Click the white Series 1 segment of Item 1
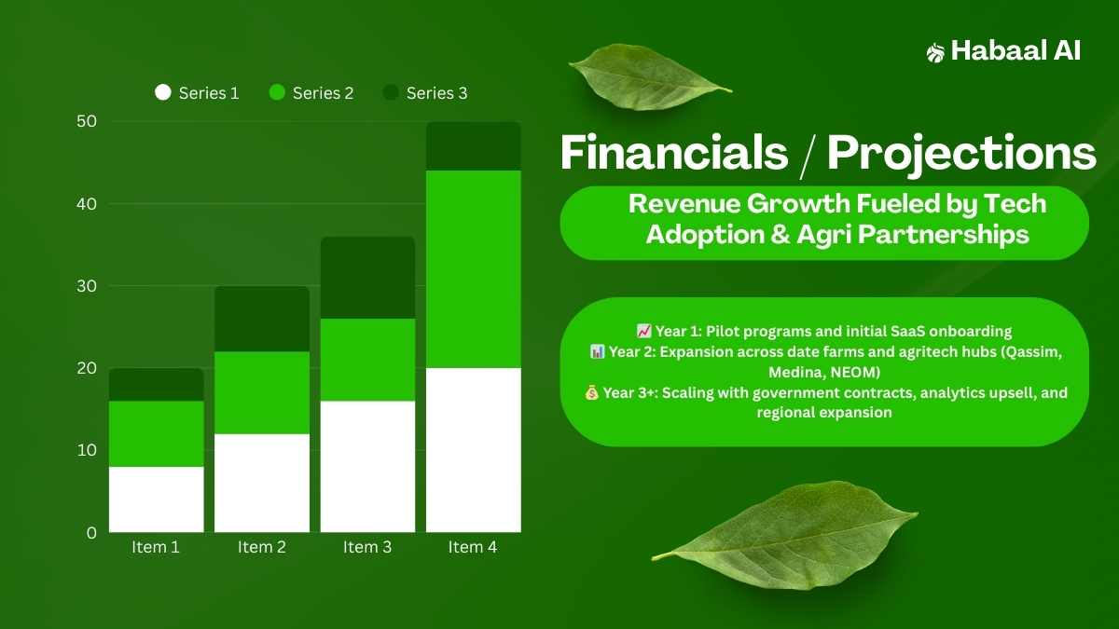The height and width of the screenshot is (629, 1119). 157,499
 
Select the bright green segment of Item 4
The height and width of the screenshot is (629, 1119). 474,269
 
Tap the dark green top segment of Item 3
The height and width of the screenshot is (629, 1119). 367,278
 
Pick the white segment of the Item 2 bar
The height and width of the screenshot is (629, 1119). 262,483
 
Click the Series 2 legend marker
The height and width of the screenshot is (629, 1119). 277,92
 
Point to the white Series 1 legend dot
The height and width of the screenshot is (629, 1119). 163,92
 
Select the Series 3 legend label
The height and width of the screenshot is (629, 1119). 436,93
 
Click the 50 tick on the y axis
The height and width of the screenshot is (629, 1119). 87,121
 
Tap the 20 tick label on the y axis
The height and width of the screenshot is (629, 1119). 87,368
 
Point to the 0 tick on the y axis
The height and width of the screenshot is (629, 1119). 91,533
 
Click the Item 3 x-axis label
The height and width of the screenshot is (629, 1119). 367,547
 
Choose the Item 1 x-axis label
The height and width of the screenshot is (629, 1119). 156,547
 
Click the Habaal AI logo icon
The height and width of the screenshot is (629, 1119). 935,53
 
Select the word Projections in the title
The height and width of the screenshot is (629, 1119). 961,155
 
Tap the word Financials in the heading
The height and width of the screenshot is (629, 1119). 674,152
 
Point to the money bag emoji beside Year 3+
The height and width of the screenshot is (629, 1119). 591,392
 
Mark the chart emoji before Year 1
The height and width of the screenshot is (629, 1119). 644,331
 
